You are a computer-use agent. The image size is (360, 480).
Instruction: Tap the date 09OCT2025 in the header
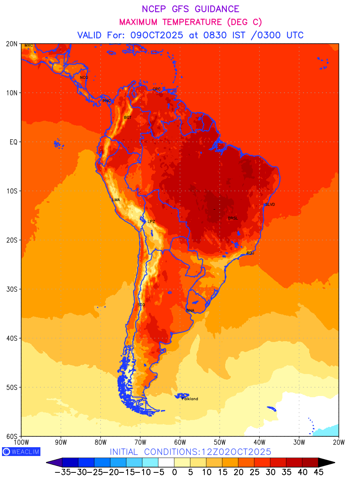(156, 35)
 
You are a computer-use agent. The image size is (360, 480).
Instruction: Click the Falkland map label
(190, 399)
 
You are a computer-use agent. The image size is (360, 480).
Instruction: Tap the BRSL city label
(233, 218)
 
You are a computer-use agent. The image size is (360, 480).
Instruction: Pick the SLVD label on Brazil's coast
(270, 204)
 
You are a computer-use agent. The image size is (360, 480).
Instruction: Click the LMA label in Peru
(116, 200)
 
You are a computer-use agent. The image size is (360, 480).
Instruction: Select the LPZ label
(151, 221)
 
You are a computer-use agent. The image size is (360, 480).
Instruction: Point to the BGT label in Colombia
(128, 117)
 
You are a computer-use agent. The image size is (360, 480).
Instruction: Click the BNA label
(190, 310)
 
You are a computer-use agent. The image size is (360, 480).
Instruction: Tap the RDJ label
(250, 253)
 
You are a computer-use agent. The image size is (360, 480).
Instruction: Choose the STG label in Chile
(141, 304)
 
